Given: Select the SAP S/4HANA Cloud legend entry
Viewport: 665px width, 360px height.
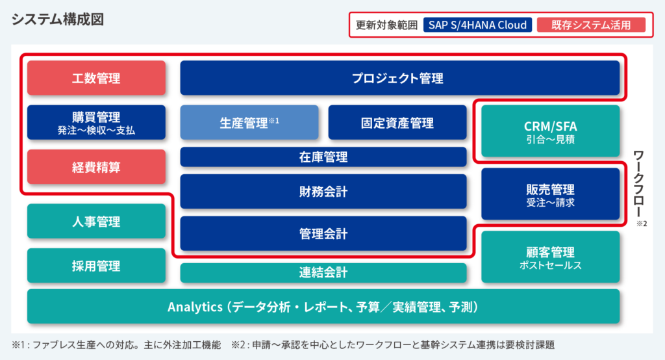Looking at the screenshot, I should pos(477,25).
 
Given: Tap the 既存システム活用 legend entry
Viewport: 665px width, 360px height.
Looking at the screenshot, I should pos(591,25).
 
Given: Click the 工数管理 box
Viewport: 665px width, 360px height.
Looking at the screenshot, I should pos(96,78).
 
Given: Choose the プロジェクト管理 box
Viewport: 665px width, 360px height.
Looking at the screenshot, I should pos(399,78).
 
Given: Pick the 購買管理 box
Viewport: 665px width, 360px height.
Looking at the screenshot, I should pos(96,122).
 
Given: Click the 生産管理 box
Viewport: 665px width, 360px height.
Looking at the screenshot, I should pos(249,122).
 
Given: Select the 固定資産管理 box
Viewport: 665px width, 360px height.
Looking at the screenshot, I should pos(397,122).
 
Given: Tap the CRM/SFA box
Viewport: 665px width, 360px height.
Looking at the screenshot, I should pos(550,131).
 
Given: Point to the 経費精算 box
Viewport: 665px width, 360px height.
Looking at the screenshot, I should pos(96,167).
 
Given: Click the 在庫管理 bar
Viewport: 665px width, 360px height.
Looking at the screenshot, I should pos(323,157).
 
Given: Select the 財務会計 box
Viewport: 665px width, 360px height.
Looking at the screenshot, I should pos(323,191).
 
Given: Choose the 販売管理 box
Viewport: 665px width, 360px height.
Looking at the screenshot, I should pos(550,194).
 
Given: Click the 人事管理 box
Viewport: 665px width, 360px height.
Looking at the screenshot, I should pos(96,222).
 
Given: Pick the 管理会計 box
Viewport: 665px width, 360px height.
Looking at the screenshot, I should pos(323,233).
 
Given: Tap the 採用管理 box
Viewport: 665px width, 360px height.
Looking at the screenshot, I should pos(96,265).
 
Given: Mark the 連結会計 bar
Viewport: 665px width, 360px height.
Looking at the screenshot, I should pos(323,273).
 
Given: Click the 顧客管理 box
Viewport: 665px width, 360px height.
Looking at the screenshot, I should pos(550,257).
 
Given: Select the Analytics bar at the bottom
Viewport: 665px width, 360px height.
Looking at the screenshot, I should pos(323,307).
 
